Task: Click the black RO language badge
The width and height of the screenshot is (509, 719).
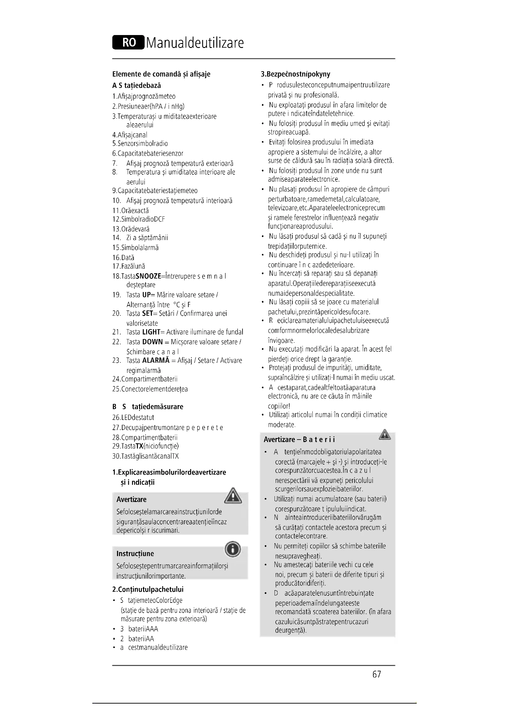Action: pos(128,43)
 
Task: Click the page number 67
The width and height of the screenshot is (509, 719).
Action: pos(376,674)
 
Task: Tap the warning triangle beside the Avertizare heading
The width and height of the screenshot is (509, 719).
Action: pos(233,496)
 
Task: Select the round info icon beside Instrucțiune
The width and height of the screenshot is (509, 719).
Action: pos(233,550)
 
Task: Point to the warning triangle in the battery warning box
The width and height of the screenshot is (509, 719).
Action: pos(385,435)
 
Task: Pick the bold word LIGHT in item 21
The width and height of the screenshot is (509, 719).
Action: pos(151,332)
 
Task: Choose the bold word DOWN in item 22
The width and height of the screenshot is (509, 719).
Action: pos(152,342)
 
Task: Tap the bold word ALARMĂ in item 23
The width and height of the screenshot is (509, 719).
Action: pos(155,361)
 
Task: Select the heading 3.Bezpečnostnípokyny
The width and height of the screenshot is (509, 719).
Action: pos(295,74)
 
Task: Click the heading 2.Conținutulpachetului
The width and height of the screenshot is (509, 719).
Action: pos(148,589)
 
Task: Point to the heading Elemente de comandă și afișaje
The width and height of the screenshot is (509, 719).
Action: pos(161,74)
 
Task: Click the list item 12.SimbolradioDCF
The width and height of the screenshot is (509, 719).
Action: pos(138,219)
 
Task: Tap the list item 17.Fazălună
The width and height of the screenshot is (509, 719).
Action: pos(129,267)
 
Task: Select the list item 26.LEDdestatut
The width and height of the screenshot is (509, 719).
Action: pos(133,418)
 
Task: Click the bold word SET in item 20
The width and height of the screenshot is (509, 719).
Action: pos(147,314)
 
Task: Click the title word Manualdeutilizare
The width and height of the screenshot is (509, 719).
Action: pos(194,43)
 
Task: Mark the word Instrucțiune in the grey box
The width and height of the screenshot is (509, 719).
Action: pos(135,554)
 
